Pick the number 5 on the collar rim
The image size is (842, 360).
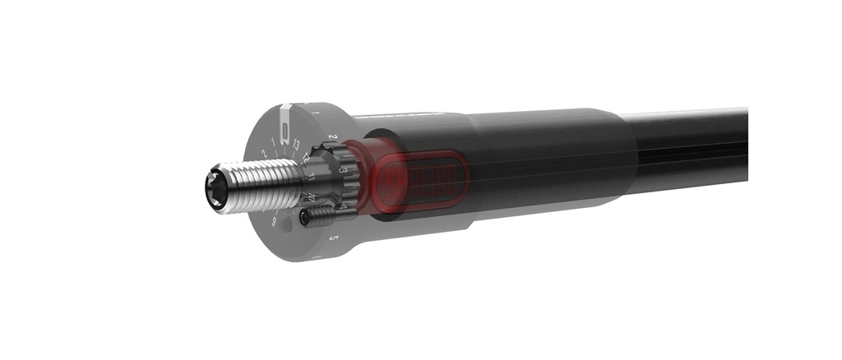coord(333,238)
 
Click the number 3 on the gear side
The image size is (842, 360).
coord(343,169)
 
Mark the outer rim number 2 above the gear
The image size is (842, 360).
coord(332,137)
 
